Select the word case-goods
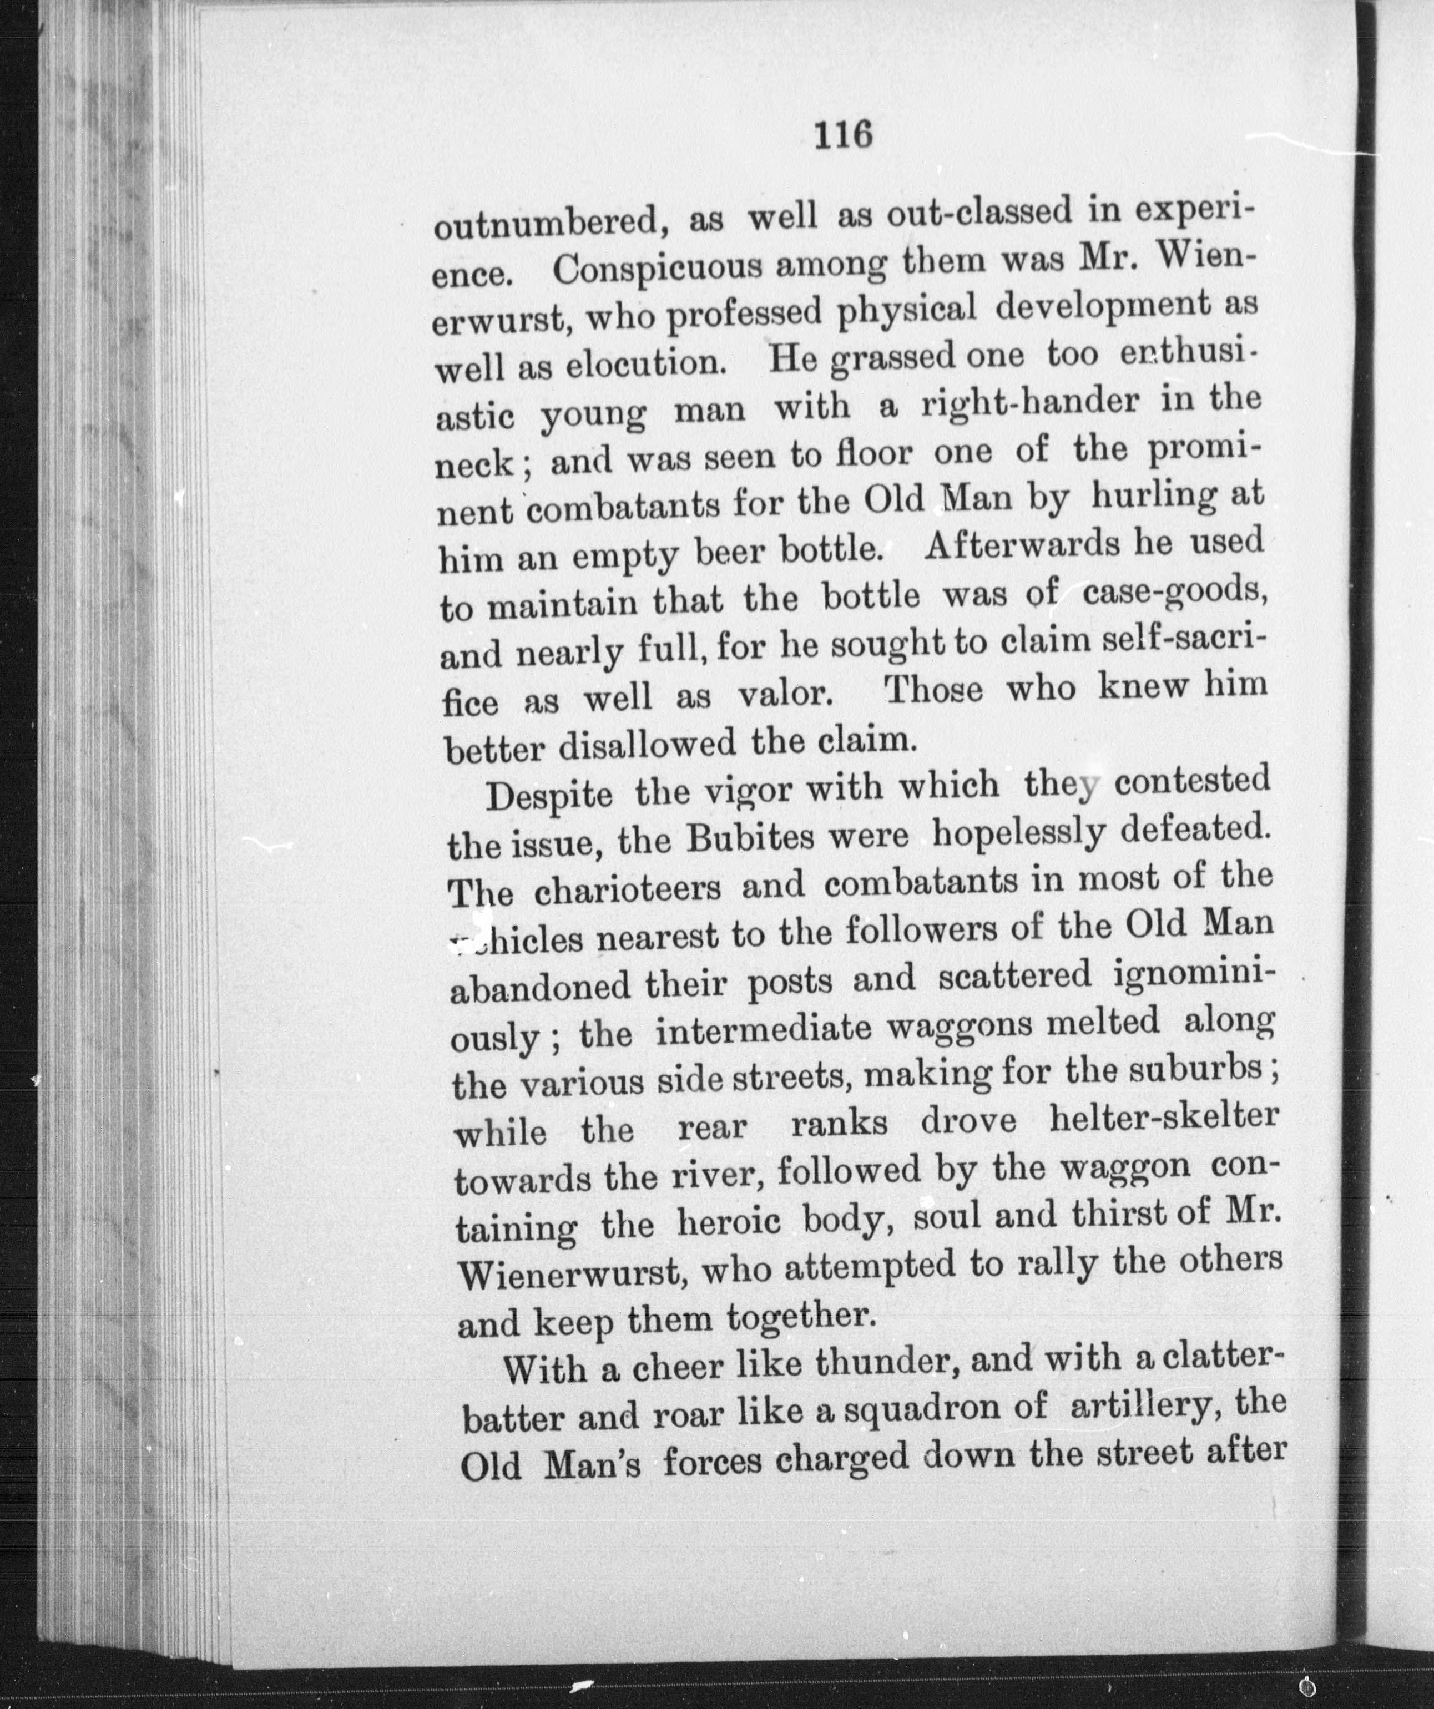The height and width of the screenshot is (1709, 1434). tap(1174, 591)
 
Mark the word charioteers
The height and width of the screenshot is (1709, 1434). tap(628, 887)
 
